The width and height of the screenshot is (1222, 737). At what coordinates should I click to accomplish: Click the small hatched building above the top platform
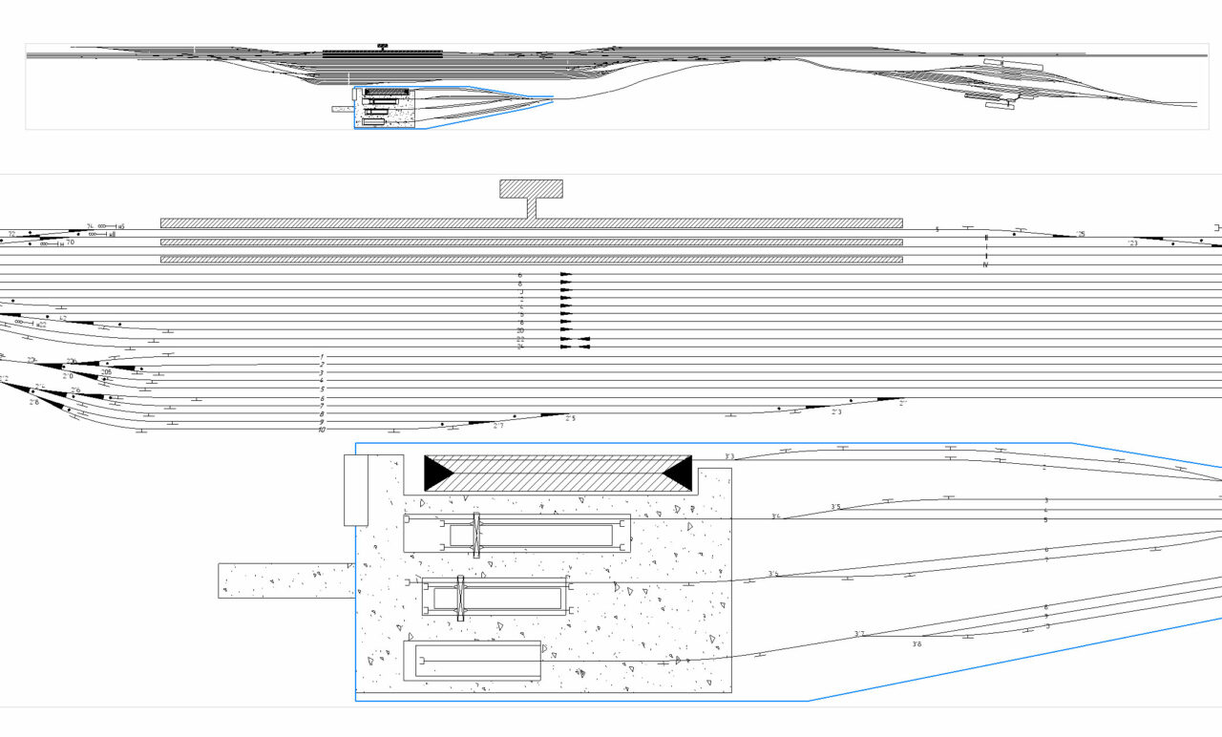click(x=531, y=188)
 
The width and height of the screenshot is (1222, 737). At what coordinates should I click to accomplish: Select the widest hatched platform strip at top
click(x=531, y=222)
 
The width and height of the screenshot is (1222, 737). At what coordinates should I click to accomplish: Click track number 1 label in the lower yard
click(x=323, y=356)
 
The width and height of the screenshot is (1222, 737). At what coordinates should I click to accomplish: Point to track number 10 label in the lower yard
click(x=323, y=431)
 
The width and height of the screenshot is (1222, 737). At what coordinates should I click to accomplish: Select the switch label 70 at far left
click(x=70, y=242)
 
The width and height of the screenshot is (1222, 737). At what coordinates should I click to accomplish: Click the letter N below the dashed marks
click(x=985, y=264)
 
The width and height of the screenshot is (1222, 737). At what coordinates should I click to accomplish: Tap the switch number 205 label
click(x=106, y=372)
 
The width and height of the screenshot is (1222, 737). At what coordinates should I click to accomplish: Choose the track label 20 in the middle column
click(x=520, y=330)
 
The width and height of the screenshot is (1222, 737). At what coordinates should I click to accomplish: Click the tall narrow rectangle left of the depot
click(x=355, y=490)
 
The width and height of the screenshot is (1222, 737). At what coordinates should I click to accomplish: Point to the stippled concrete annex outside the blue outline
click(x=284, y=580)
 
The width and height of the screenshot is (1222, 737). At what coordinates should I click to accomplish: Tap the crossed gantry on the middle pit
click(x=460, y=599)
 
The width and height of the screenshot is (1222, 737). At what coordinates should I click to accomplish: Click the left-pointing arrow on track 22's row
click(x=584, y=339)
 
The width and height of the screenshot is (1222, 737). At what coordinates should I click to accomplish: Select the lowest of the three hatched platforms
click(x=531, y=259)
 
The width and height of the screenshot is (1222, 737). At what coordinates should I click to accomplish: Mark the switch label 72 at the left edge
click(x=11, y=233)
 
